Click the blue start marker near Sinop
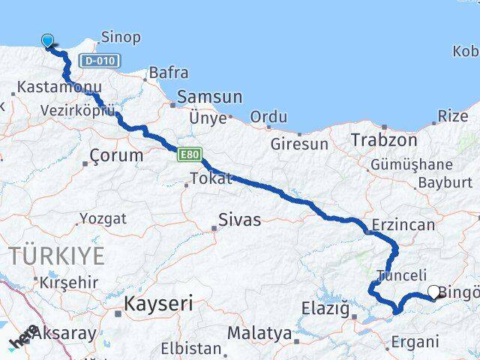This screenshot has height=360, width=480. (x=49, y=41)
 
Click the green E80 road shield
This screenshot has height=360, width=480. (x=189, y=154)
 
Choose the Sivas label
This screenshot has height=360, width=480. (x=239, y=220)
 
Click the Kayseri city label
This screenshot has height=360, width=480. (x=158, y=304)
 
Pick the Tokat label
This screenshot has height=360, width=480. (x=211, y=178)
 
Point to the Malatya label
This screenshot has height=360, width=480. (x=259, y=332)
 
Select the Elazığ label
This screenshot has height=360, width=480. (x=325, y=307)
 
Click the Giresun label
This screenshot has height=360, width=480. (x=299, y=143)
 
